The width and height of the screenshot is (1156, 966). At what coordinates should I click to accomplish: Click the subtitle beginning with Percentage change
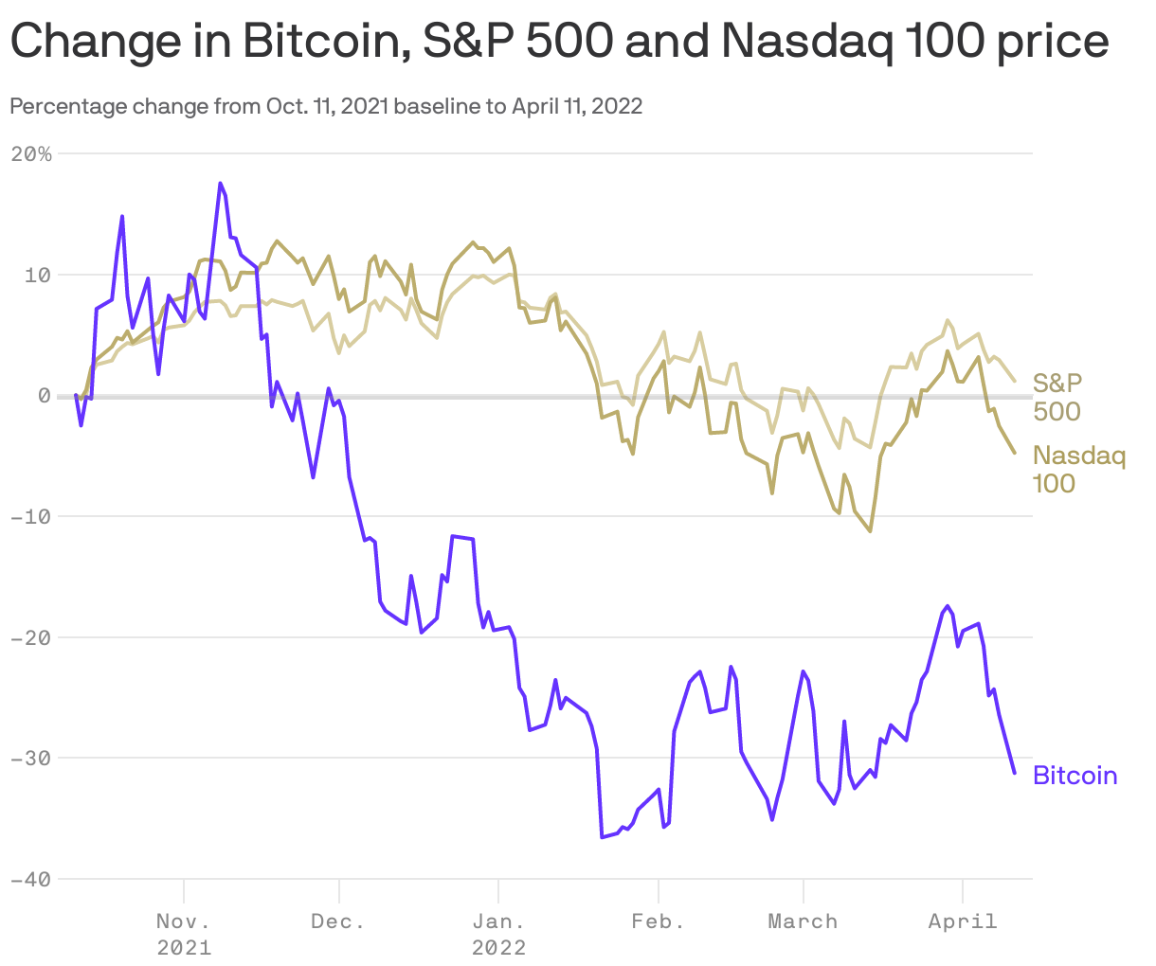(326, 106)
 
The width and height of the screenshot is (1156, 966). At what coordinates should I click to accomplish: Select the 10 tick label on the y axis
(37, 275)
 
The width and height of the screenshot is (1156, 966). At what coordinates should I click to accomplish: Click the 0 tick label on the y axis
(44, 396)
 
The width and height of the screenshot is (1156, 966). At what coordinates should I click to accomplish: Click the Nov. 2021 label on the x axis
(184, 934)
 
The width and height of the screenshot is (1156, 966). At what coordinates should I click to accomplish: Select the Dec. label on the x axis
(338, 921)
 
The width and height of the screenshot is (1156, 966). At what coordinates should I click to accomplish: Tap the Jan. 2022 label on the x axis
(498, 934)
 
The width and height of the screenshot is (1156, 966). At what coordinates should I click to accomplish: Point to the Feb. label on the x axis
(658, 921)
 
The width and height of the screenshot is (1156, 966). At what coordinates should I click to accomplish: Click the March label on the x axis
(803, 921)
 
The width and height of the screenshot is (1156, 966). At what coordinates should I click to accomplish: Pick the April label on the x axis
(963, 921)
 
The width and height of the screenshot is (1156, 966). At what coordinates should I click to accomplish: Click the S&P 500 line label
(1057, 397)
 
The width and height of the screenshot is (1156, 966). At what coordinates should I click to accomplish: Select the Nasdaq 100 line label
(1078, 469)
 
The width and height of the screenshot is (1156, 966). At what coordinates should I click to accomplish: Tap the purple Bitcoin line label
(1075, 776)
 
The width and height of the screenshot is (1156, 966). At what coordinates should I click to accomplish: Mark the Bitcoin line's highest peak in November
(220, 183)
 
